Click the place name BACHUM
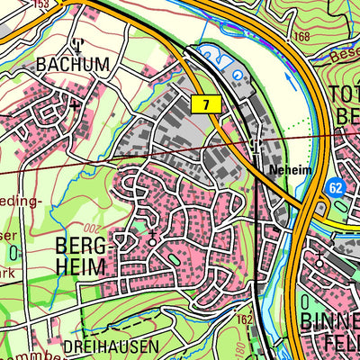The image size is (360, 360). (73, 65)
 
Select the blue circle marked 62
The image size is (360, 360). (336, 188)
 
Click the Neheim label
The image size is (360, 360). (288, 169)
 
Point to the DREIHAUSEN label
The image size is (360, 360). (111, 346)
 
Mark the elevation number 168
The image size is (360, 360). (301, 37)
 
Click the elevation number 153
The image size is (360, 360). (38, 4)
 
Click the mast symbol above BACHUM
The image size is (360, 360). (77, 43)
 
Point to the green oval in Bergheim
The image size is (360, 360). (173, 260)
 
